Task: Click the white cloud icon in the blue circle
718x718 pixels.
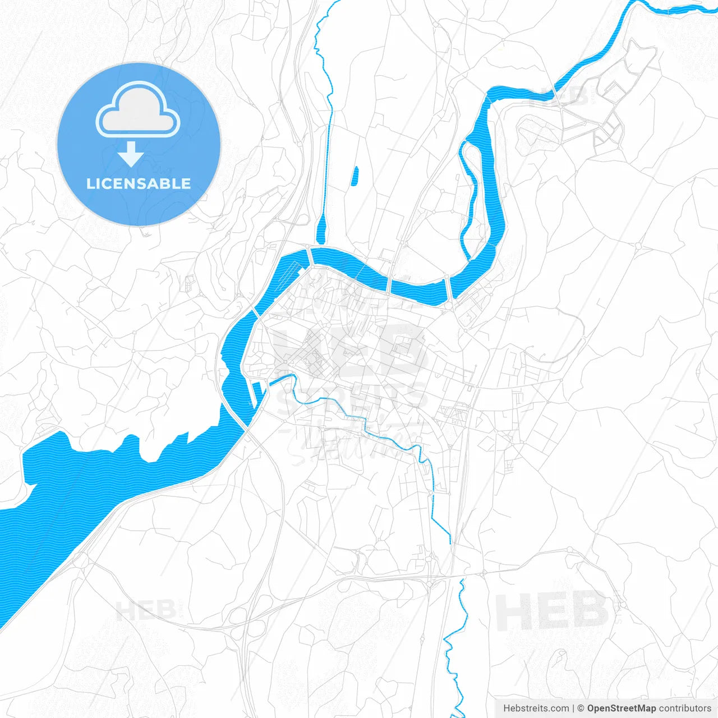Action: click(138, 110)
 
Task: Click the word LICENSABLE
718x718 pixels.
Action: click(139, 184)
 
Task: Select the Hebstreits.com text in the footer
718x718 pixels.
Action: click(536, 708)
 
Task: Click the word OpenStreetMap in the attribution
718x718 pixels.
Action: click(621, 708)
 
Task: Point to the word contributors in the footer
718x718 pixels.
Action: click(685, 708)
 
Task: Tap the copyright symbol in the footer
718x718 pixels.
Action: click(581, 708)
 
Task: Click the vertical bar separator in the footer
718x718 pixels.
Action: click(573, 708)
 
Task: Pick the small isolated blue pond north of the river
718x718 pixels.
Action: click(355, 176)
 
